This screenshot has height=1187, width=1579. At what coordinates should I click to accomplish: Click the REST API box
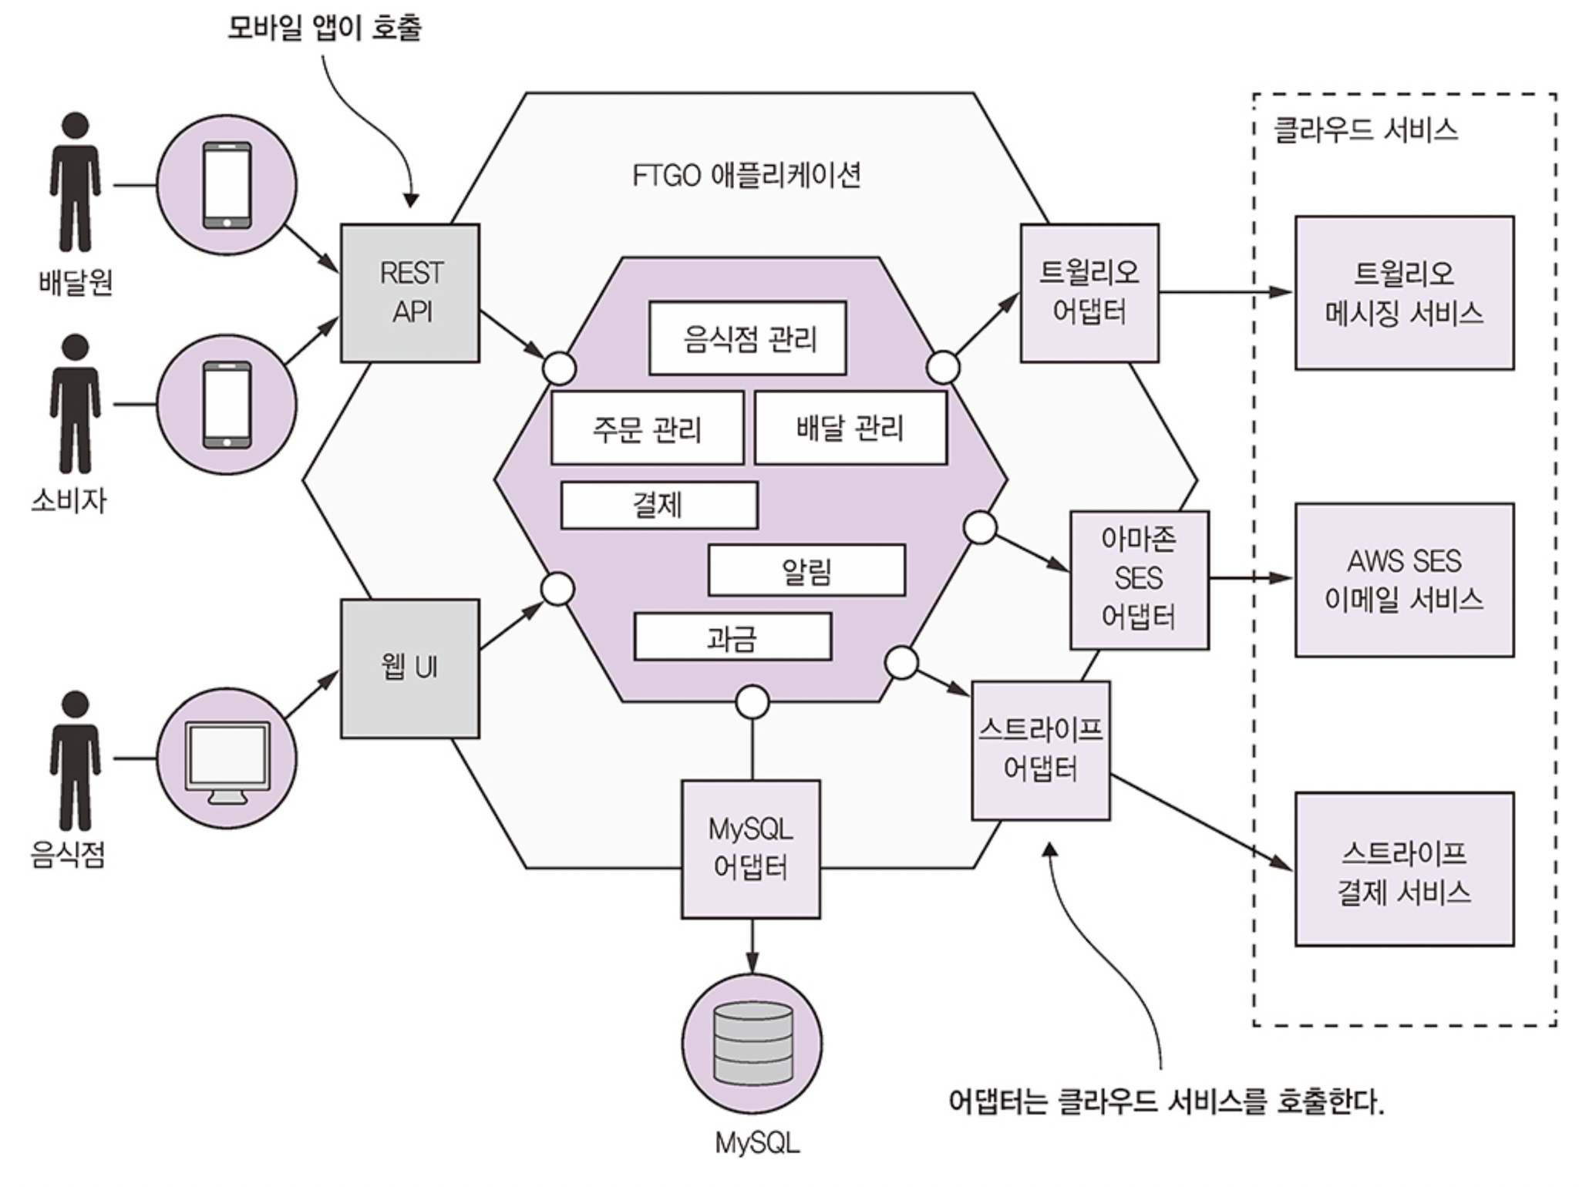coord(409,293)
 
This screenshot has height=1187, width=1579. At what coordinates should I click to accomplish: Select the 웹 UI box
coord(409,668)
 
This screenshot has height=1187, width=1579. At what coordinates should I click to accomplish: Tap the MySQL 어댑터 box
coord(750,849)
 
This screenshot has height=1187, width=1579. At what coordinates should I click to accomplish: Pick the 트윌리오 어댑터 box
coord(1089,293)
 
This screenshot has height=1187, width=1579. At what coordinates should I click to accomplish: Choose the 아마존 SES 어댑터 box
coord(1139,580)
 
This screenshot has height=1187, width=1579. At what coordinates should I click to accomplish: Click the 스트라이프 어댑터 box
coord(1040,749)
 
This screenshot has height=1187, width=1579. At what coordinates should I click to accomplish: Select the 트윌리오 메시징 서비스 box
coord(1404,293)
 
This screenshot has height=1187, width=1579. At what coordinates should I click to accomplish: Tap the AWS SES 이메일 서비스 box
coord(1404,580)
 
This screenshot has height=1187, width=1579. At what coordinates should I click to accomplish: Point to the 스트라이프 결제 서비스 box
coord(1404,869)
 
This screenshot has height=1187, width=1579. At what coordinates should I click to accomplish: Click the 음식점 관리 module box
coord(747,338)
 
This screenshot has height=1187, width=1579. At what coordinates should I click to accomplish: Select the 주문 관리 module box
coord(647,428)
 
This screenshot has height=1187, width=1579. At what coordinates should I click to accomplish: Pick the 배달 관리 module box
coord(850,428)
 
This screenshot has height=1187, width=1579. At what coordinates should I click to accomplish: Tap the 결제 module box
coord(658,505)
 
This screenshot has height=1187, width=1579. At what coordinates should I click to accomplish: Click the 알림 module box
coord(806,570)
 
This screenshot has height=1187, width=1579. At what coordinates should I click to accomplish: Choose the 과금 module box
coord(732,637)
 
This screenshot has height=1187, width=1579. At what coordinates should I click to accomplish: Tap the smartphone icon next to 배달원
coord(227,185)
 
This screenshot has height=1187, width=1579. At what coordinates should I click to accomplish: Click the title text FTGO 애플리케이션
coord(746,176)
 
